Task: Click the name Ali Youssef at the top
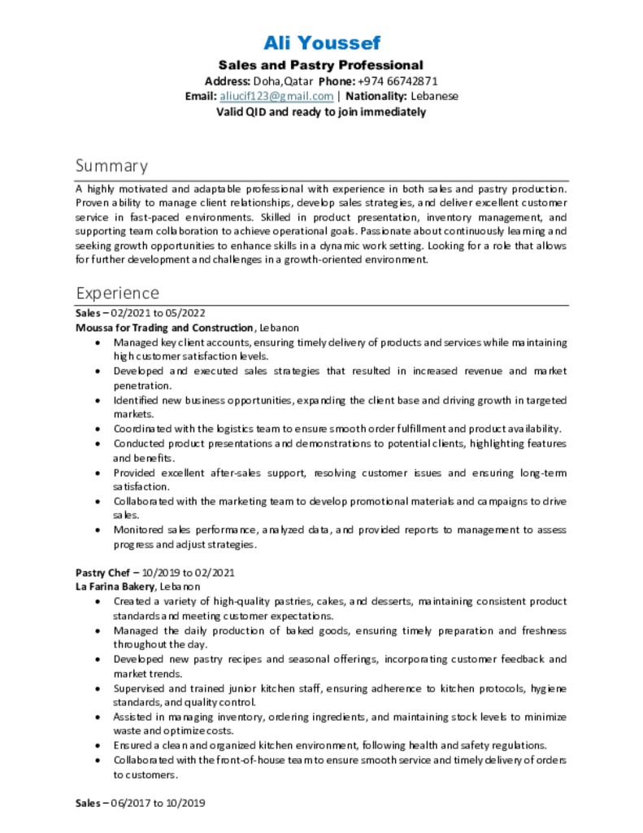(321, 42)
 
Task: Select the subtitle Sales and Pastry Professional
(321, 65)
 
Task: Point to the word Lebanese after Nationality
(435, 96)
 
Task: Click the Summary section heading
(111, 166)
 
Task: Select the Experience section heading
(117, 293)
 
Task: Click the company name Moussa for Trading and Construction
(164, 328)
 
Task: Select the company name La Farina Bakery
(115, 587)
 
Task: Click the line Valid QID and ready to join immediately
(321, 111)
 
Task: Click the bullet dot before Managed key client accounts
(98, 342)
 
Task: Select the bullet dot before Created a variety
(98, 601)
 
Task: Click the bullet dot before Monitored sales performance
(98, 530)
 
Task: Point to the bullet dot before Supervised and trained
(98, 688)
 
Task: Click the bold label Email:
(200, 96)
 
